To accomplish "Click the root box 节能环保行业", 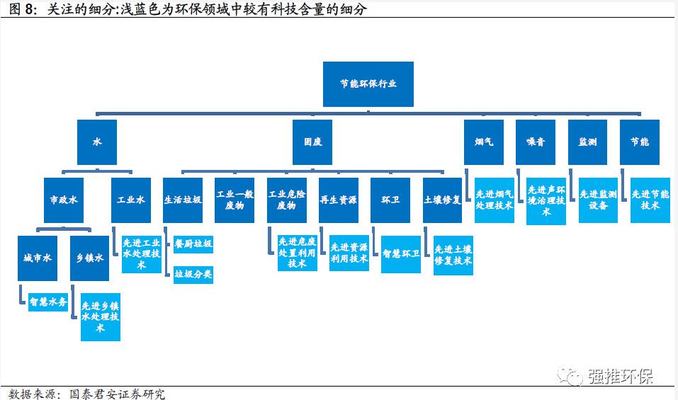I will [x=368, y=84].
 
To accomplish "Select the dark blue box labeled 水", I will [x=97, y=142].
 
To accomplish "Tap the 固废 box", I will [x=312, y=142].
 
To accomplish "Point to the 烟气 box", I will [x=484, y=142].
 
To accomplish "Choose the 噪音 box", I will [x=536, y=142].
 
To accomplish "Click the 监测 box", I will [x=587, y=142].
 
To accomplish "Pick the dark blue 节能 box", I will [x=639, y=142].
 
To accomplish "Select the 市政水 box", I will [x=63, y=200].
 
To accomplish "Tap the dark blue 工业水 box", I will [x=131, y=200].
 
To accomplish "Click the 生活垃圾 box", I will [x=183, y=200].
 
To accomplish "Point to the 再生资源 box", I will [x=338, y=200].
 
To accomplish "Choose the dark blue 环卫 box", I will [x=390, y=200].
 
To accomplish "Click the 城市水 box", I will [x=38, y=258].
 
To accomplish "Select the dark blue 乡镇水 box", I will [x=89, y=258].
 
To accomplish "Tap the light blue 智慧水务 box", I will [x=48, y=302].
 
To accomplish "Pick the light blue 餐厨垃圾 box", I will [x=193, y=245].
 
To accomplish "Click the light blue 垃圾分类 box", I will [x=193, y=275].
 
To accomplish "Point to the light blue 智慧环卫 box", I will [x=400, y=253].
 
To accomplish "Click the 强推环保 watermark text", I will [x=621, y=376].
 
